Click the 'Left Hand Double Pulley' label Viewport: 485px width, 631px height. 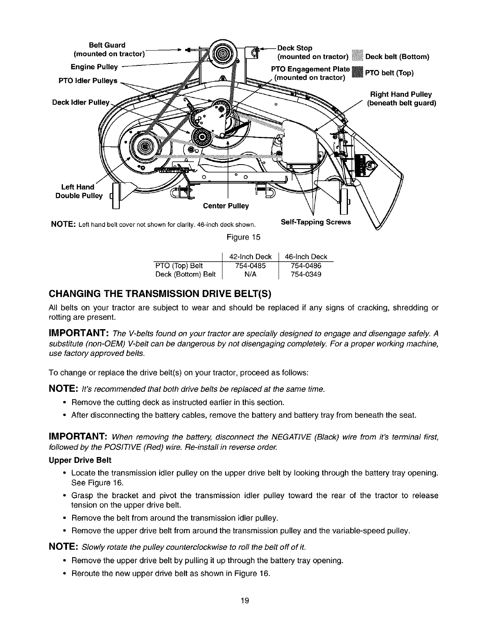click(x=79, y=191)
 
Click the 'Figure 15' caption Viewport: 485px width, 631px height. click(x=243, y=237)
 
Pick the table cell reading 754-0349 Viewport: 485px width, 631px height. click(x=306, y=275)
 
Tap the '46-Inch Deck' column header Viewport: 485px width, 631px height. click(x=306, y=256)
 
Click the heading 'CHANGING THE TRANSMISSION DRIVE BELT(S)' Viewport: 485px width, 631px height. click(x=160, y=294)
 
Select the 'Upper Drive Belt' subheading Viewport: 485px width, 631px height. click(x=80, y=460)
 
